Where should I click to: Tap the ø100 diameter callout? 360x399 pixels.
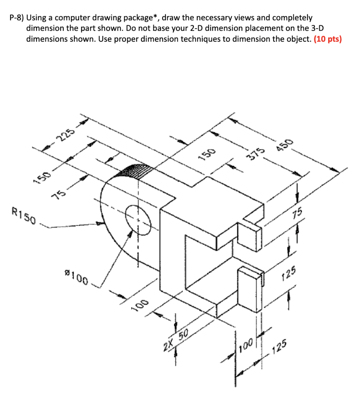click(76, 277)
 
